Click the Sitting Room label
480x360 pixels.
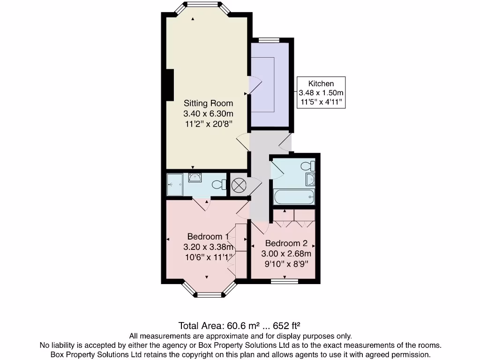pyautogui.click(x=208, y=103)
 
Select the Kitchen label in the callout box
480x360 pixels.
pyautogui.click(x=321, y=83)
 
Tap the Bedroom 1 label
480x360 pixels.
pyautogui.click(x=208, y=236)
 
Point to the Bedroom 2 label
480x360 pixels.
pyautogui.click(x=286, y=243)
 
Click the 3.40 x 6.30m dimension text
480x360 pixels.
pyautogui.click(x=208, y=113)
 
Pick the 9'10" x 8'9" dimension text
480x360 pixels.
pyautogui.click(x=286, y=264)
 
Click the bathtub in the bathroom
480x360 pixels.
pyautogui.click(x=294, y=196)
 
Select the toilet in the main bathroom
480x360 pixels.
pyautogui.click(x=308, y=166)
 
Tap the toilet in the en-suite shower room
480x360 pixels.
pyautogui.click(x=218, y=185)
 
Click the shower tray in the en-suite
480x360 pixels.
pyautogui.click(x=176, y=184)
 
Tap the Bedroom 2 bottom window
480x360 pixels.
pyautogui.click(x=285, y=281)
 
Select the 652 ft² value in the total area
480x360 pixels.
pyautogui.click(x=287, y=325)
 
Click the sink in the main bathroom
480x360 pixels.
pyautogui.click(x=310, y=180)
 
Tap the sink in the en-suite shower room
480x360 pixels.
pyautogui.click(x=195, y=177)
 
